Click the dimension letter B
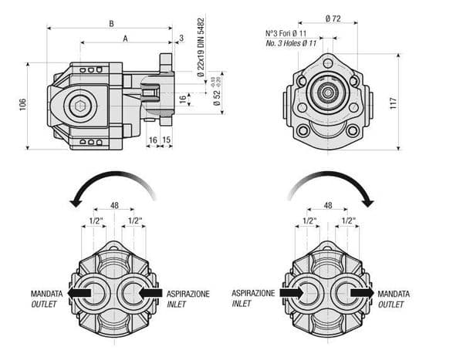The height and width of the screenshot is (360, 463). pyautogui.click(x=111, y=23)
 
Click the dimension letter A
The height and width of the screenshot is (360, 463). pyautogui.click(x=125, y=39)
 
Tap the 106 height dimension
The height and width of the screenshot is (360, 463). pyautogui.click(x=22, y=103)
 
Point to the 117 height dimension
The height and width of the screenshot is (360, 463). pyautogui.click(x=393, y=102)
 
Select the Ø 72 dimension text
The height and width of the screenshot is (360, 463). pyautogui.click(x=335, y=17)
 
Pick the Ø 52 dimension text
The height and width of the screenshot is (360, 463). pyautogui.click(x=217, y=97)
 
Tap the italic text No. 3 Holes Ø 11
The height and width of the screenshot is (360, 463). pyautogui.click(x=291, y=43)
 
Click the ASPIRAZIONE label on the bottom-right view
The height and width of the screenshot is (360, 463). pyautogui.click(x=253, y=294)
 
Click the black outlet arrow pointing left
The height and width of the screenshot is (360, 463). pyautogui.click(x=79, y=294)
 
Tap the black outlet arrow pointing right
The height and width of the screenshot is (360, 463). pyautogui.click(x=361, y=294)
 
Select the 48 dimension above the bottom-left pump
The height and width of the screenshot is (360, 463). pyautogui.click(x=113, y=206)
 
